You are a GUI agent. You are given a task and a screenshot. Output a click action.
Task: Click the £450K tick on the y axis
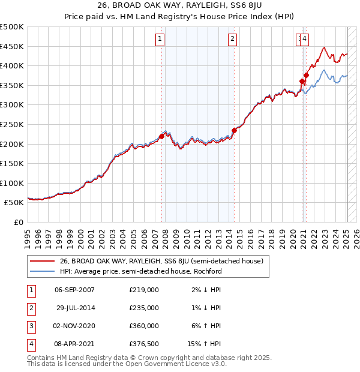click(12, 46)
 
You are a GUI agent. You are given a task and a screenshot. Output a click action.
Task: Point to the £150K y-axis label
click(12, 163)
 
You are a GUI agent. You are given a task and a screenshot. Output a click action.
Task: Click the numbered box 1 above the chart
click(160, 40)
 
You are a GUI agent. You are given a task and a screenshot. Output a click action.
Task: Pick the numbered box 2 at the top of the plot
click(232, 40)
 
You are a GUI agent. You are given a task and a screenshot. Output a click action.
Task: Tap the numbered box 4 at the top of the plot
click(305, 40)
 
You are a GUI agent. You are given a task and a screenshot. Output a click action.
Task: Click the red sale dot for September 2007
click(161, 137)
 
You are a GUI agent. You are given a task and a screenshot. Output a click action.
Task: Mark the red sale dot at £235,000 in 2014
click(234, 130)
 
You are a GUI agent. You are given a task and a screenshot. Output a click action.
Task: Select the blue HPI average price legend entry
click(140, 271)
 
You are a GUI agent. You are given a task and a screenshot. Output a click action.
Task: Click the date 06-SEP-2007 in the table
click(74, 290)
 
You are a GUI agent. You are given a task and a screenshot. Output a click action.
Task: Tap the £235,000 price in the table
click(144, 308)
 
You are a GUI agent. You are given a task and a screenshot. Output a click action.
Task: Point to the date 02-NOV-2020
click(74, 326)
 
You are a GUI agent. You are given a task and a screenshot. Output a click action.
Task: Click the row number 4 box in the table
click(30, 344)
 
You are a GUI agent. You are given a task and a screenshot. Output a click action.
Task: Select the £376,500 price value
click(144, 344)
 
